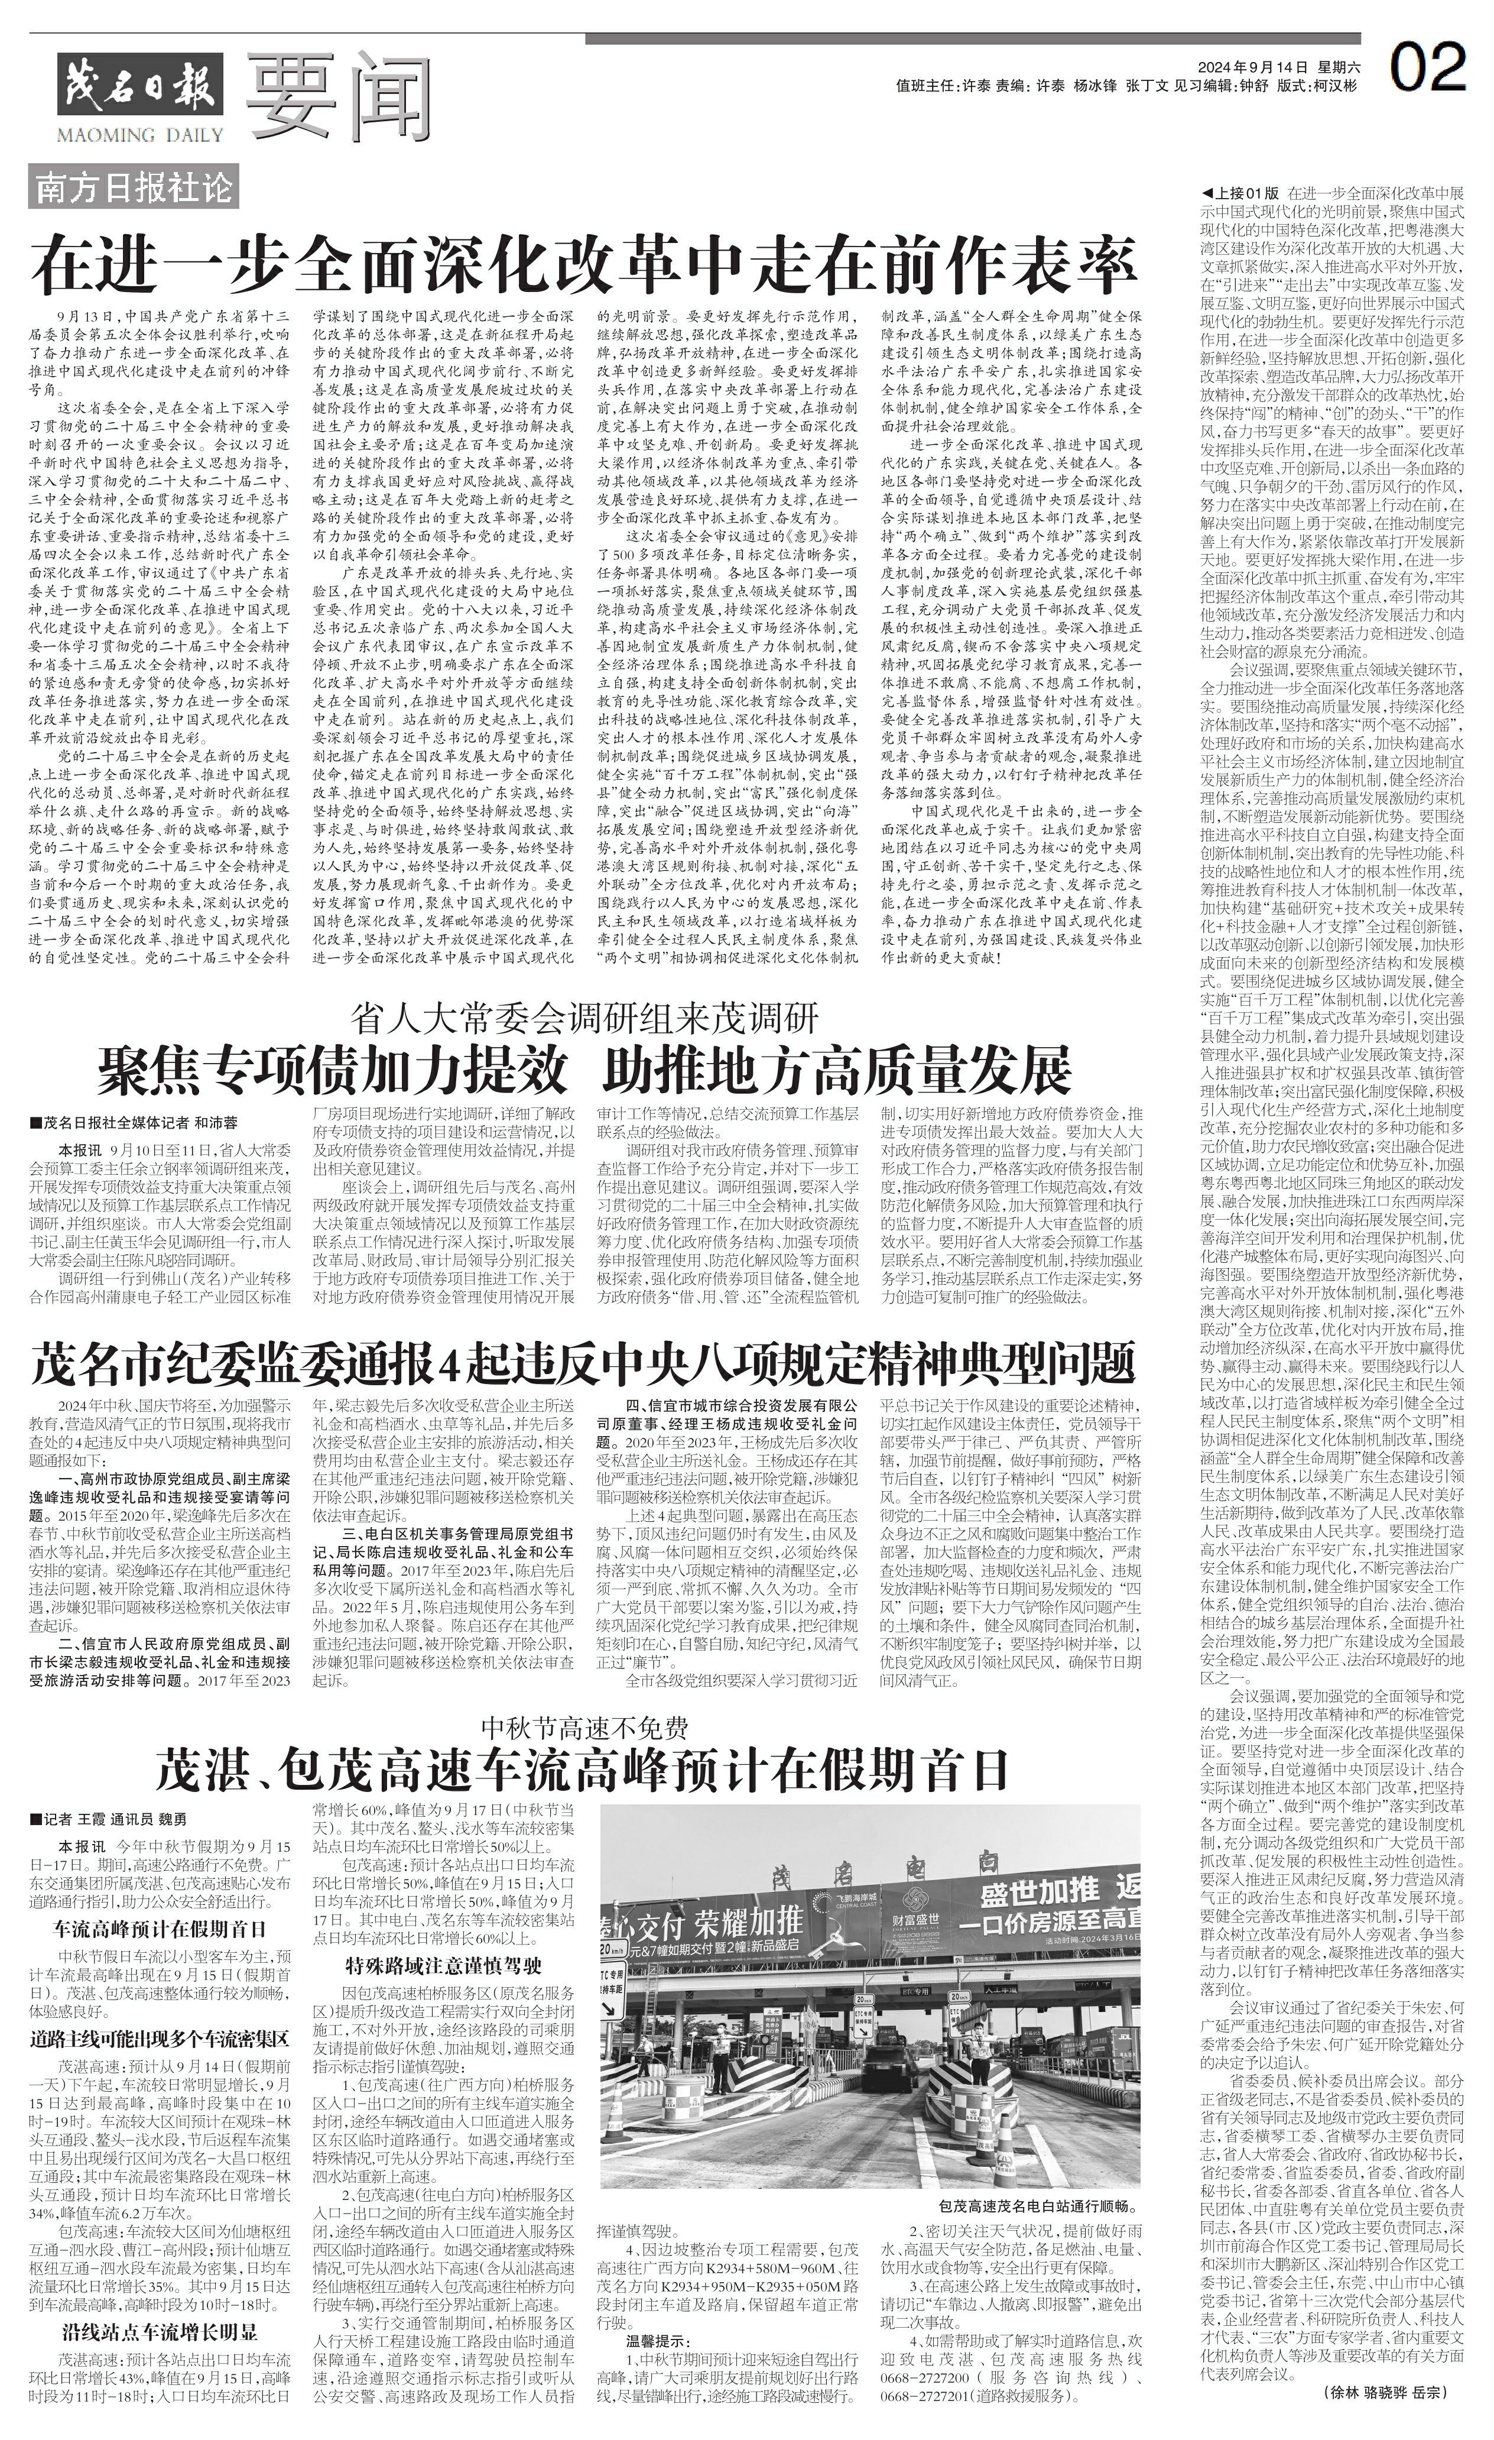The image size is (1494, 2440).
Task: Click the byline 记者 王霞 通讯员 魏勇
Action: coord(109,1819)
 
